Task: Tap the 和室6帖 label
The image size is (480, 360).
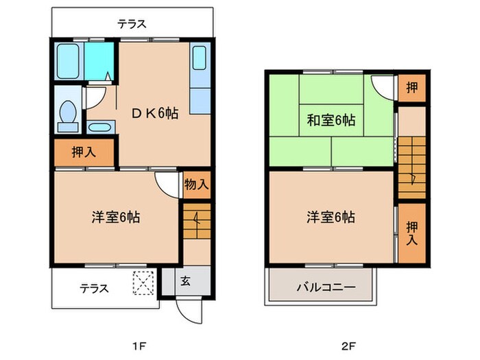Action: (331, 120)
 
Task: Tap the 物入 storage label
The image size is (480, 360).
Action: (196, 184)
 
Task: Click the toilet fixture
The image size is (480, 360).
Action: (67, 115)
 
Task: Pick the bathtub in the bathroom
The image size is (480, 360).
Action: (69, 62)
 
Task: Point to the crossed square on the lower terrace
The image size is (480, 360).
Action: (144, 282)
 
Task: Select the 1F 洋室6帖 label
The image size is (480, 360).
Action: (117, 217)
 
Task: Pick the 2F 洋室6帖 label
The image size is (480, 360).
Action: (331, 217)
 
